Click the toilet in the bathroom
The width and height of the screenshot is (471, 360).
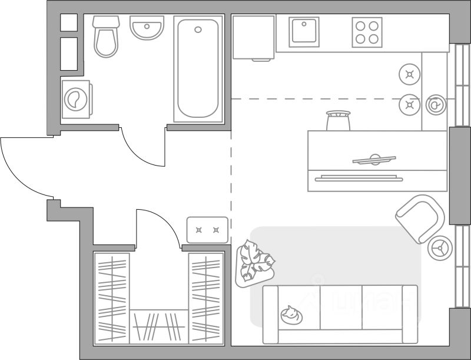click(106, 37)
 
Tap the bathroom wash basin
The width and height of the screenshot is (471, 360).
click(147, 28)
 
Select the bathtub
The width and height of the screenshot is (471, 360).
click(198, 68)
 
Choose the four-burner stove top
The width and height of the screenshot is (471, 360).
click(367, 32)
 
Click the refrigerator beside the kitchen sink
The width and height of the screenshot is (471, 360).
click(253, 37)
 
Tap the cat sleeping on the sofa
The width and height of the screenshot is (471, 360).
click(291, 315)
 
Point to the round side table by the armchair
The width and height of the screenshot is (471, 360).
click(439, 248)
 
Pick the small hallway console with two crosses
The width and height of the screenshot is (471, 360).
click(207, 229)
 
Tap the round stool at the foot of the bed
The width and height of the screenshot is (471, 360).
click(338, 120)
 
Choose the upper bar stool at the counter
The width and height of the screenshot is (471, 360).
click(409, 74)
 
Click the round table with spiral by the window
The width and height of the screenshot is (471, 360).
click(436, 105)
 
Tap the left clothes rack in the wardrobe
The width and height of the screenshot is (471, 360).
click(111, 298)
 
